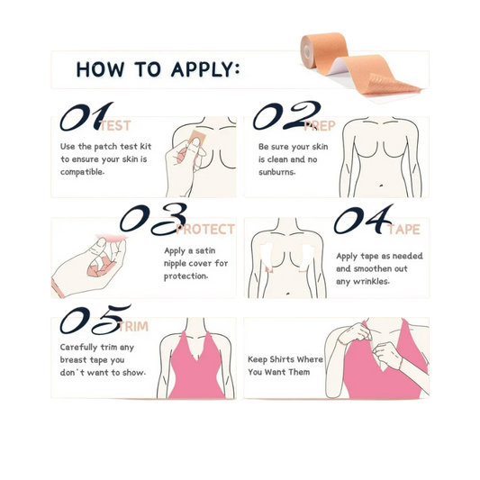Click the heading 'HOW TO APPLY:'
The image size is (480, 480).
coord(157,69)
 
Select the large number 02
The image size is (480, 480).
coord(286,115)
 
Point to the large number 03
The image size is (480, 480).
coord(154,217)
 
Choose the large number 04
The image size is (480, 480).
coord(364,220)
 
